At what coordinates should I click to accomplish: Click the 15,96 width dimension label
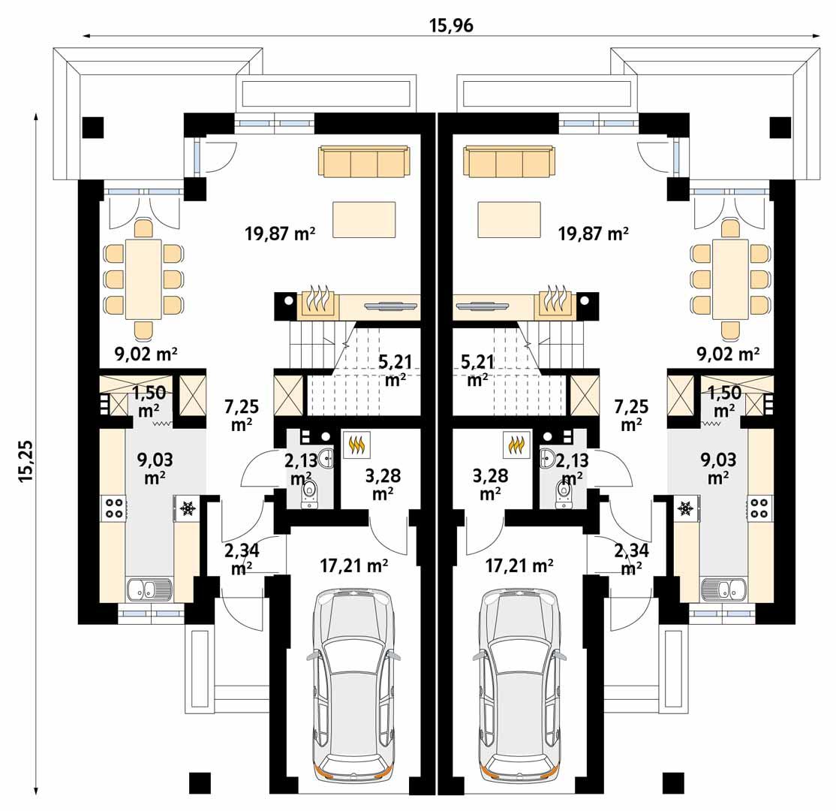pyautogui.click(x=451, y=25)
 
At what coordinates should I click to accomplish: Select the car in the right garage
pyautogui.click(x=520, y=682)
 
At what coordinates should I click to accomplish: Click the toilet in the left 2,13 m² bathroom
pyautogui.click(x=309, y=493)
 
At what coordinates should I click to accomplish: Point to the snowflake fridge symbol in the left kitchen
pyautogui.click(x=187, y=508)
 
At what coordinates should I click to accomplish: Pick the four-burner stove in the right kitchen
pyautogui.click(x=759, y=508)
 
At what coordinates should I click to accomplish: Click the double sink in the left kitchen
pyautogui.click(x=149, y=589)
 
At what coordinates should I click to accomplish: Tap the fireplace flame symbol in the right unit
pyautogui.click(x=556, y=302)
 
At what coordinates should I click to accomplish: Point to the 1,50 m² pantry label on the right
pyautogui.click(x=723, y=401)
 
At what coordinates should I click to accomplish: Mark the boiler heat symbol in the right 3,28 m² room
pyautogui.click(x=516, y=445)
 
